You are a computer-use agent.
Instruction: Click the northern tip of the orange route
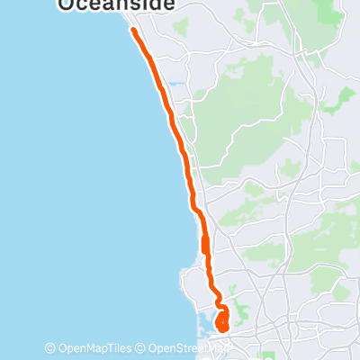(x=133, y=31)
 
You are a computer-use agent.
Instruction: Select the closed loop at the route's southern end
(x=222, y=319)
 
